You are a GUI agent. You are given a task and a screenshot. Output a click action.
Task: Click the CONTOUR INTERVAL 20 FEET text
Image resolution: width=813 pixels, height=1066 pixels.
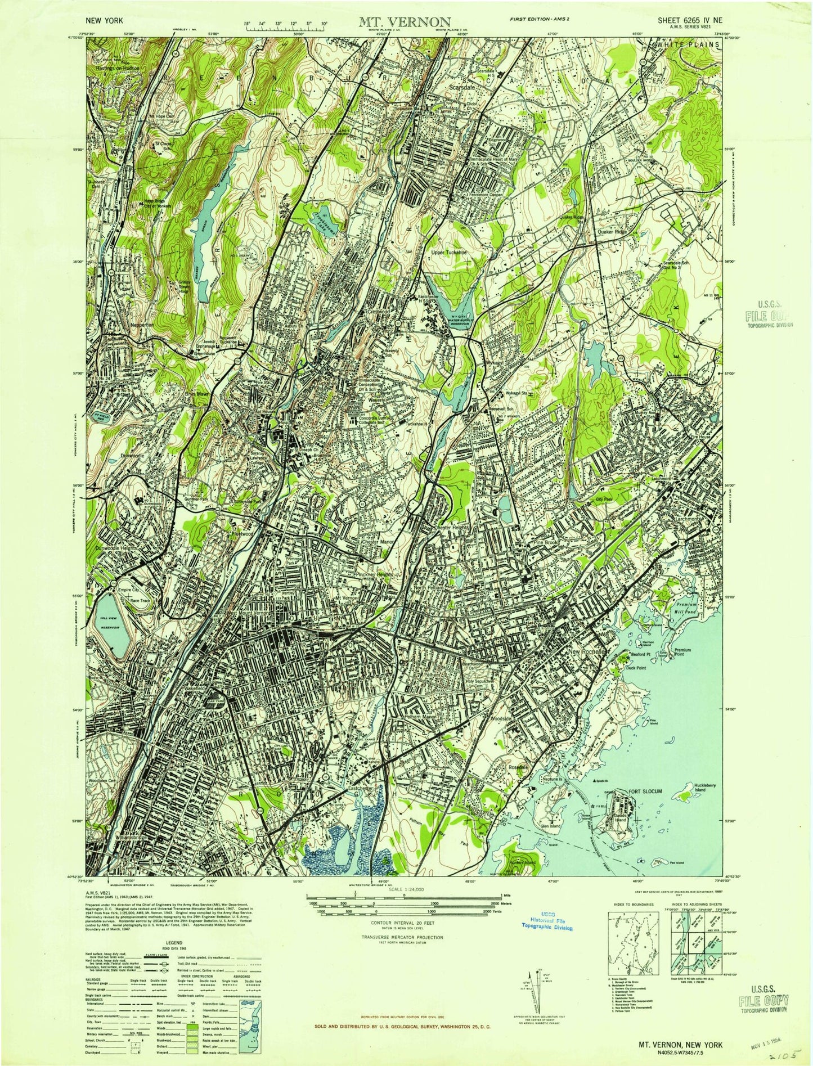[x=404, y=923]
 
